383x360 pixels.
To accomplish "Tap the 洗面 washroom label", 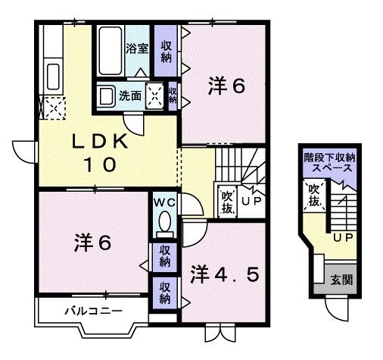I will tap(131, 96).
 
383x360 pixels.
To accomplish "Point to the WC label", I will tap(164, 202).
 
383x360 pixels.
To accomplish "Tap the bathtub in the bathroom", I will tap(109, 50).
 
